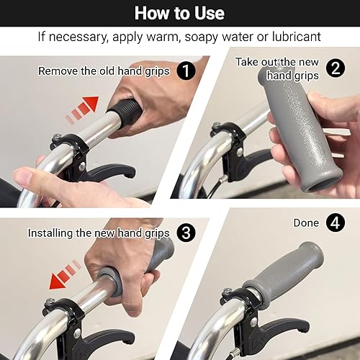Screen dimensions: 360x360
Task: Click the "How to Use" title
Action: pos(179,13)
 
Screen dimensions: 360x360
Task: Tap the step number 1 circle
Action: pos(186,71)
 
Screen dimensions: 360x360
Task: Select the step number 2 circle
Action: pos(336,68)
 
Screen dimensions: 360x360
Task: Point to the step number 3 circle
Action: pos(186,233)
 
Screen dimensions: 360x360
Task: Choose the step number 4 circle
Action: pos(336,222)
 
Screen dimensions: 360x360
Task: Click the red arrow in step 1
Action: pos(82,110)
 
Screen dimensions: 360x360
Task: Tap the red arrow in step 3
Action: pos(66,274)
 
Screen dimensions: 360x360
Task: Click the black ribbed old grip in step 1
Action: pos(124,111)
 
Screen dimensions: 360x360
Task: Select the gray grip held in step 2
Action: pos(297,130)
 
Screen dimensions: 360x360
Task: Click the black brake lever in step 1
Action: pos(106,172)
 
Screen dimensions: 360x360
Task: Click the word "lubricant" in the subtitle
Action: pos(297,37)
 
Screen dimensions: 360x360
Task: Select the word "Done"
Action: pos(306,223)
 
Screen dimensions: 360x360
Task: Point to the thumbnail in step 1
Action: pos(23,177)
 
